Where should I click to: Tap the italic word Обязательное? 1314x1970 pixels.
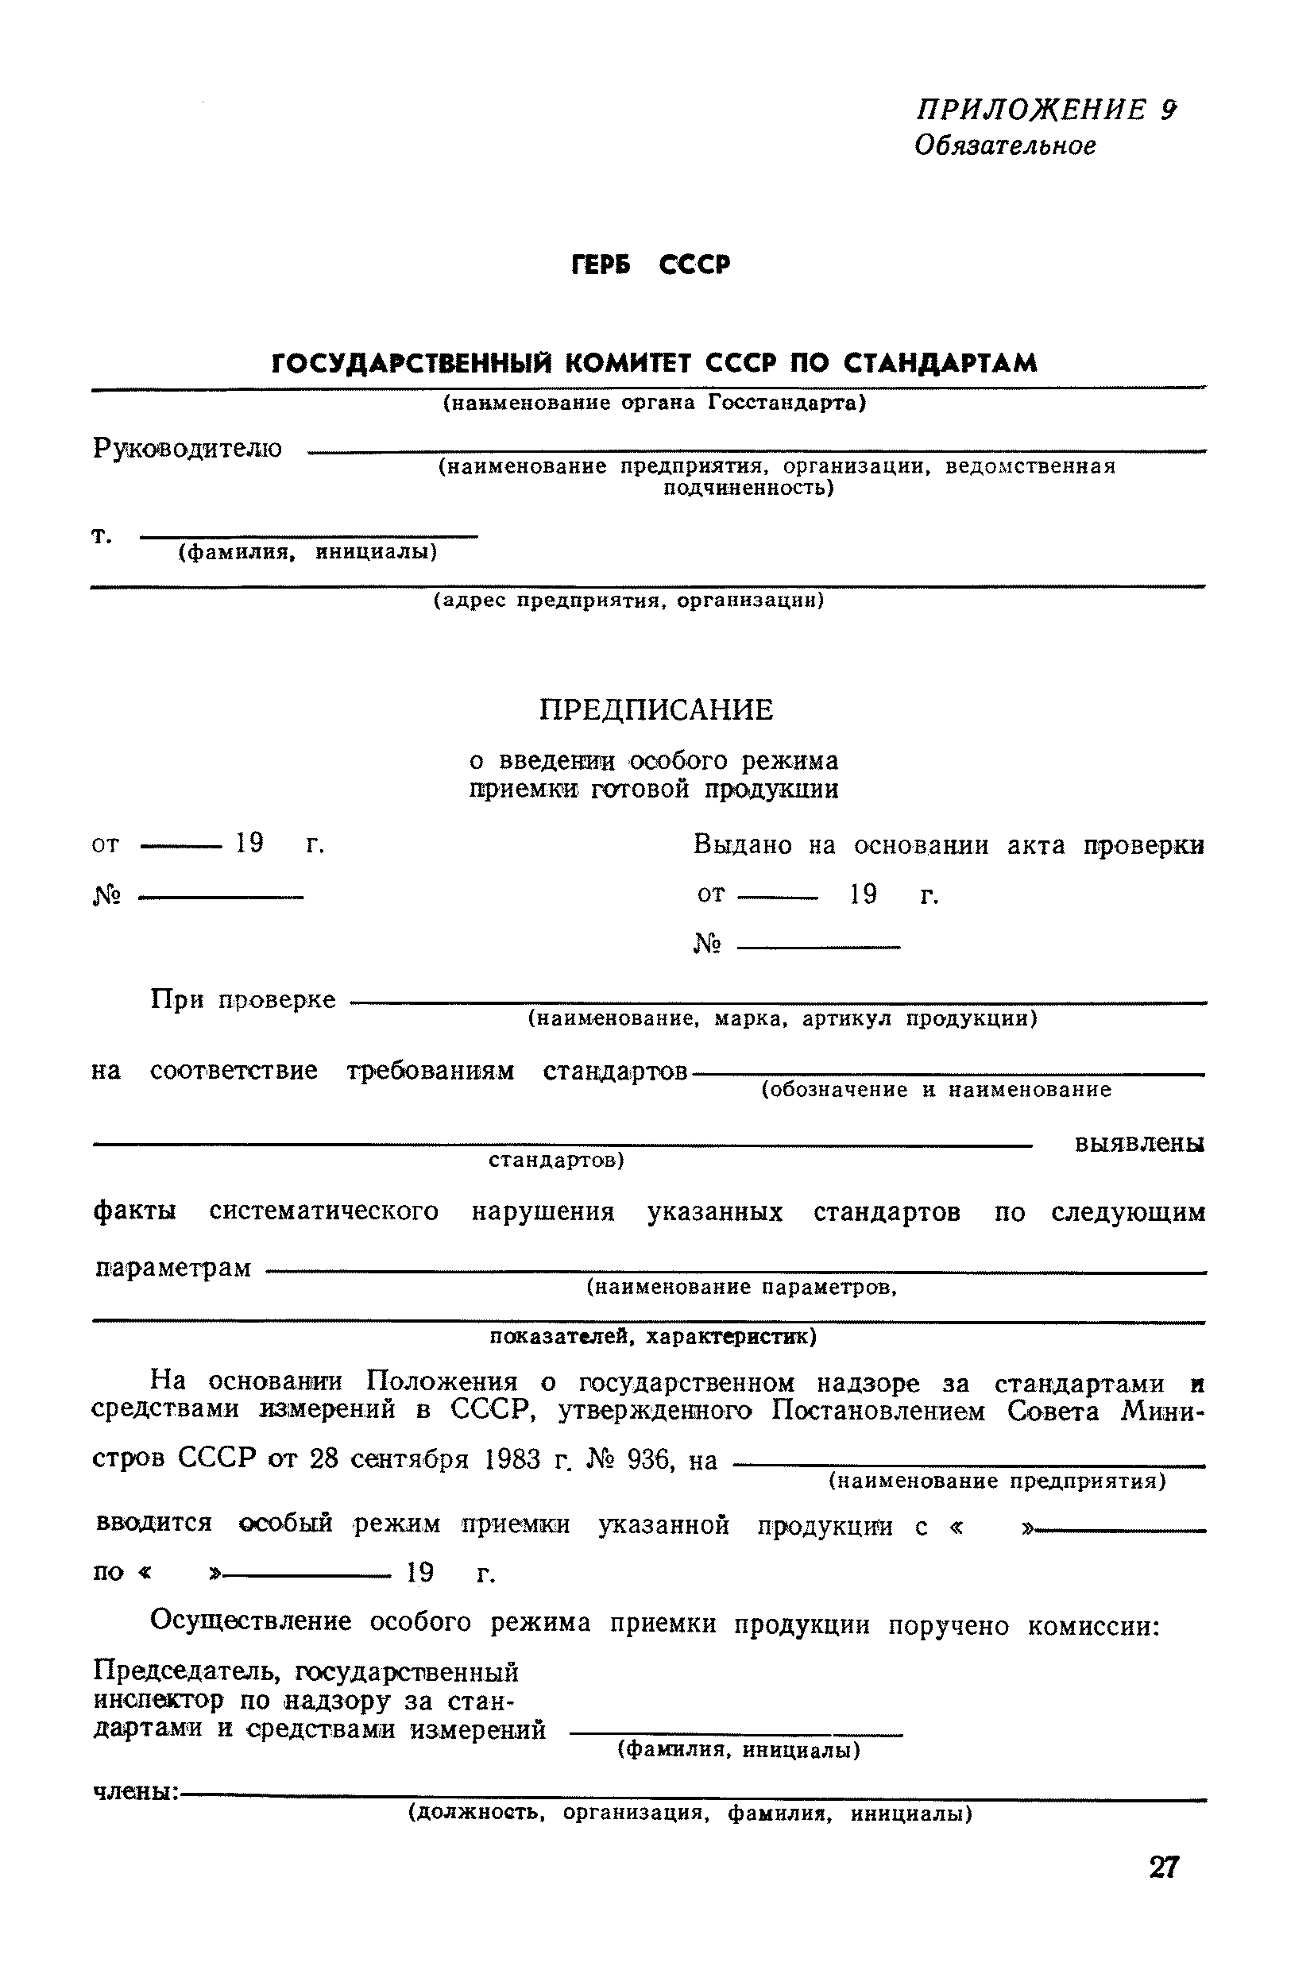1005,146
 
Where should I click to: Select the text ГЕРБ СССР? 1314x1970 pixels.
651,265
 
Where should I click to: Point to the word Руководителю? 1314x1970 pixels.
187,448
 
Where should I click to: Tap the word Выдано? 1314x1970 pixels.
743,845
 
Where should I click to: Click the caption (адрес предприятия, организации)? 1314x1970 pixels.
628,600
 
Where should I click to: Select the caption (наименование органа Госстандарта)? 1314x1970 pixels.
655,403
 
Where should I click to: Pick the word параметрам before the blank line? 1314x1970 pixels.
172,1268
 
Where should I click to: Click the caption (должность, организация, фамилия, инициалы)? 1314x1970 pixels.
690,1814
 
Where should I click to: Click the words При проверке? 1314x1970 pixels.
243,999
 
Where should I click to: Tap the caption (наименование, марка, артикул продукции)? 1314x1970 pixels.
782,1018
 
